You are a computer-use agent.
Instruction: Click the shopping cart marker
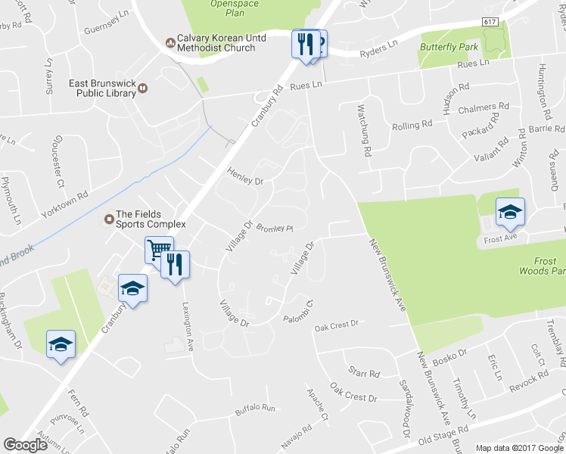tap(159, 249)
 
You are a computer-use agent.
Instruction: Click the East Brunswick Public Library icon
tap(142, 89)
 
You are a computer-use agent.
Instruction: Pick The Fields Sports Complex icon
tap(109, 219)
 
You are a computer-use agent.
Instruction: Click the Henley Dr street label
tap(245, 179)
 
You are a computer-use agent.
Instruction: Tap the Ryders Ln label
tap(378, 50)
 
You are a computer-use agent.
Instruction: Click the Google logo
tap(25, 445)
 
